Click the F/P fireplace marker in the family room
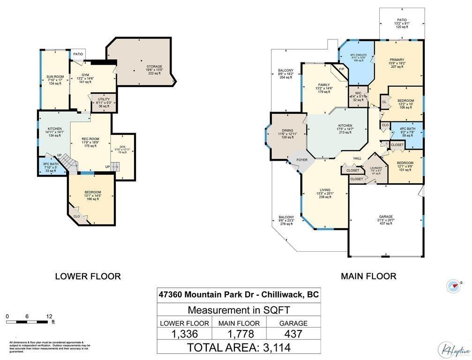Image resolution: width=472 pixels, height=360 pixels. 341,70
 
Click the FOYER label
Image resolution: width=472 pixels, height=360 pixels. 302,160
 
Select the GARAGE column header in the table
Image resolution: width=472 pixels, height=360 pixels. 294,323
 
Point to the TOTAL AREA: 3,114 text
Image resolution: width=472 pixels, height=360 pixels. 239,347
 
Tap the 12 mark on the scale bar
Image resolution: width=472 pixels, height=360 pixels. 49,316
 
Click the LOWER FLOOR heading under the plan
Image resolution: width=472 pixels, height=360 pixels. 88,276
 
